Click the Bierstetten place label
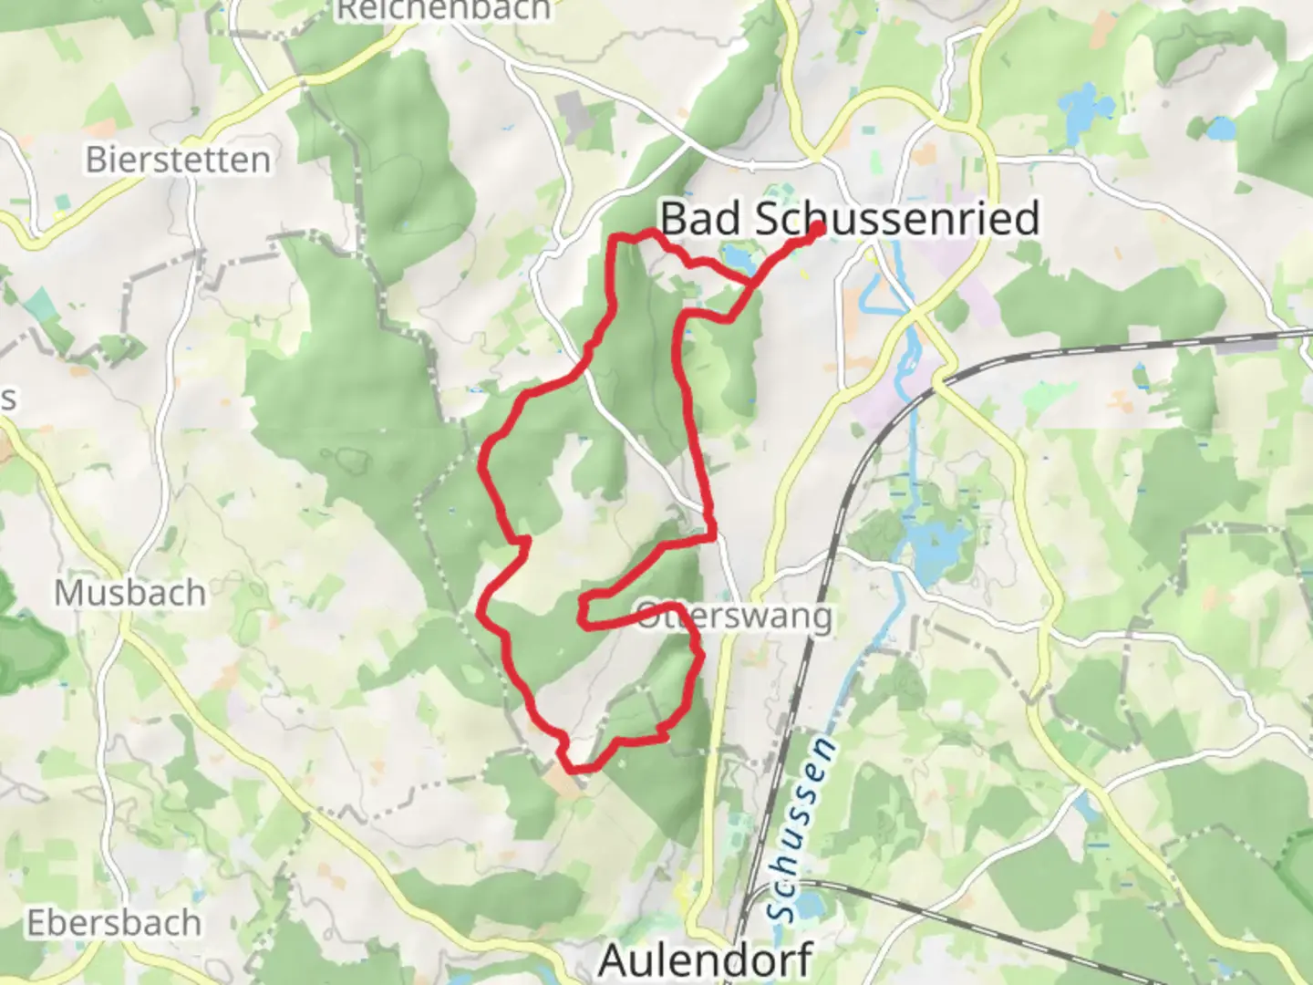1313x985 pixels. click(x=178, y=161)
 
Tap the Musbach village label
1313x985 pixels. click(x=129, y=594)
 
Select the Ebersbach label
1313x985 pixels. click(x=113, y=923)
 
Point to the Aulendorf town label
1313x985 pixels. click(x=706, y=960)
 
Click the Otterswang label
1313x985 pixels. click(x=735, y=617)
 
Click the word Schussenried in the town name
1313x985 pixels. click(x=898, y=219)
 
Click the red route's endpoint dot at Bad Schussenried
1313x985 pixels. click(x=818, y=230)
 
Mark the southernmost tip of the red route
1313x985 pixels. click(x=574, y=770)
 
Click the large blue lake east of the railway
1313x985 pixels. click(x=934, y=547)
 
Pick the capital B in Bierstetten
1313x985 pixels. click(x=95, y=161)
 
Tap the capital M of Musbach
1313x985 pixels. click(x=66, y=594)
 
